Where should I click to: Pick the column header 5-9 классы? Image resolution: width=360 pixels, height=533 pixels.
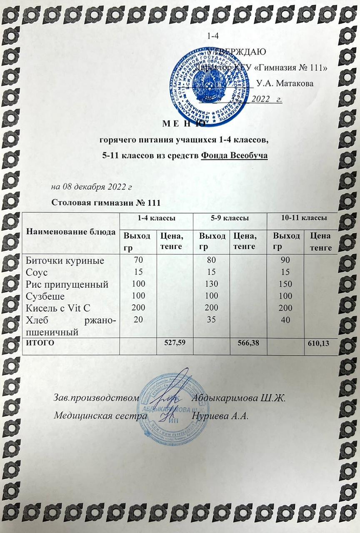coord(230,218)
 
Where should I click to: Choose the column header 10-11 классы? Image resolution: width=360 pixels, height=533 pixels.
coord(303,218)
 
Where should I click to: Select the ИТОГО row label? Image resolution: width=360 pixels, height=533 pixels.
coord(40,343)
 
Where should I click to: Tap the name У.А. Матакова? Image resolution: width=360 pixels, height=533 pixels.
coord(285,83)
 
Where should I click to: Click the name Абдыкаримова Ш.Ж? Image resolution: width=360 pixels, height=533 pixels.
coord(237,398)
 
